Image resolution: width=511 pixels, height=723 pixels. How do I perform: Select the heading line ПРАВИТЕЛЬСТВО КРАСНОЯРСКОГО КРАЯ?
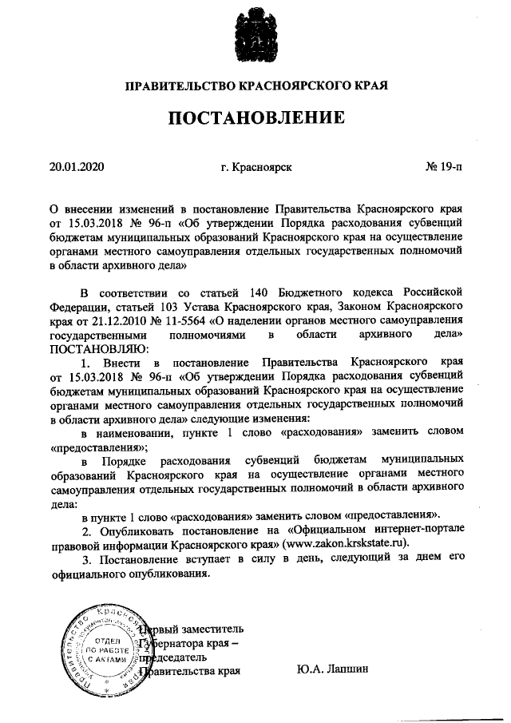(x=255, y=84)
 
